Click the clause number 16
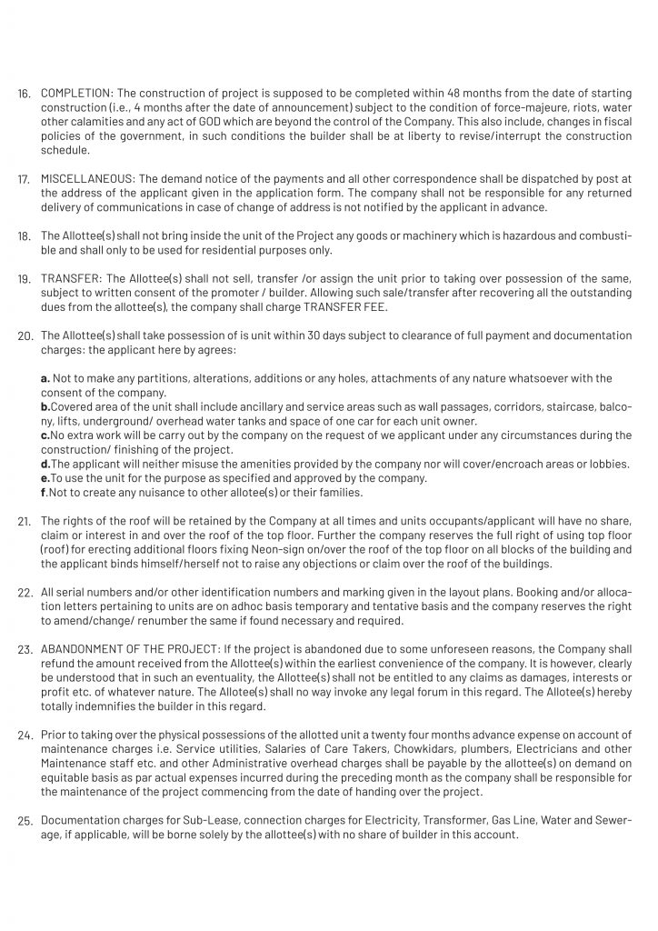[24, 95]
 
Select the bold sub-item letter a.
[45, 377]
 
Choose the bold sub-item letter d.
[45, 463]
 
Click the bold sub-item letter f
[44, 492]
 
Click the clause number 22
[24, 593]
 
